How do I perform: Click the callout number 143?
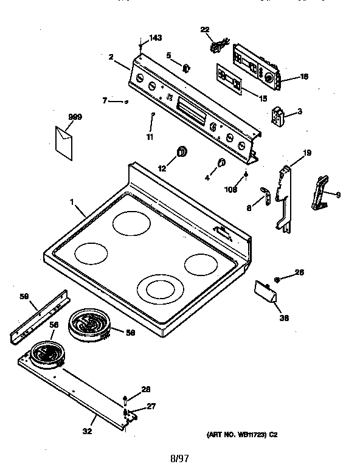tap(156, 38)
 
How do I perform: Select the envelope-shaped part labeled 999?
tap(64, 142)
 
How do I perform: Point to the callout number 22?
tap(204, 30)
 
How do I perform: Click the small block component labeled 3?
tap(279, 117)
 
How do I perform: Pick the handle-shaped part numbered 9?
tap(320, 193)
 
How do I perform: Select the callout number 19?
tap(307, 153)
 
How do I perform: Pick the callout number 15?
tap(263, 98)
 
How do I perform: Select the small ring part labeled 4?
tap(221, 162)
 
